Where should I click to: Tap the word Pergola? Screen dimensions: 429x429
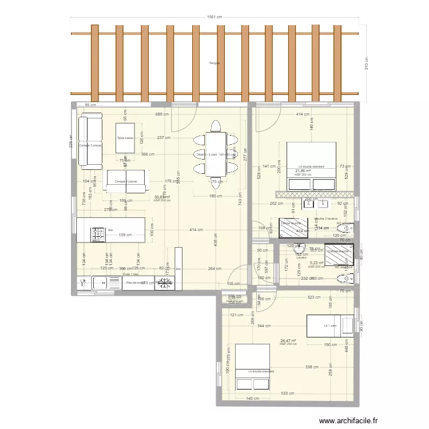(x=214, y=63)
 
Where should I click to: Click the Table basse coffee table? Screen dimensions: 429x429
(x=125, y=138)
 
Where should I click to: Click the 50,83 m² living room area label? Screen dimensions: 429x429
(x=162, y=197)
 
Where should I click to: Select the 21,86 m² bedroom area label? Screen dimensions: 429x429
(x=303, y=170)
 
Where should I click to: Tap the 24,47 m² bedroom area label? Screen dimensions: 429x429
(x=288, y=340)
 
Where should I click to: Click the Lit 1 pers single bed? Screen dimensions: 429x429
(x=330, y=325)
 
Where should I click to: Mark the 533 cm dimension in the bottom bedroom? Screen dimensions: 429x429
(x=288, y=394)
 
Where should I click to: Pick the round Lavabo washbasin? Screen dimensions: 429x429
(x=299, y=249)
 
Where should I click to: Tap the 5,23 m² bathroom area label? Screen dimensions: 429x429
(x=316, y=263)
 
